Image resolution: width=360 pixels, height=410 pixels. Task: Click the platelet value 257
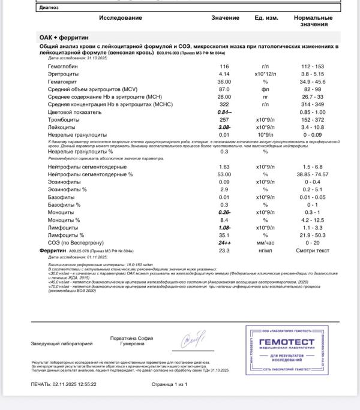coord(224,120)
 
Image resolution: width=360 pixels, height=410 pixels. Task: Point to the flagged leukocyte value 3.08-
coord(225,128)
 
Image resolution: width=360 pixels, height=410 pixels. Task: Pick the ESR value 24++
coord(225,243)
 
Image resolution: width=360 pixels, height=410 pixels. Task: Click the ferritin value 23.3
coord(224,251)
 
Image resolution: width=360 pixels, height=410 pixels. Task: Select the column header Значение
coord(225,18)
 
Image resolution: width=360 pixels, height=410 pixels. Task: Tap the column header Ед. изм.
coord(266,18)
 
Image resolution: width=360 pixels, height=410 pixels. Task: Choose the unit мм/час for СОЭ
coord(265,243)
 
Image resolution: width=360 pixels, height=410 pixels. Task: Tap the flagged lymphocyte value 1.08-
coord(225,228)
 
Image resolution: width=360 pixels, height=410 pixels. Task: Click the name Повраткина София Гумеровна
coord(132,341)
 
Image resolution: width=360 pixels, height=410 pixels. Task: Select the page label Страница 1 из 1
coord(169,384)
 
